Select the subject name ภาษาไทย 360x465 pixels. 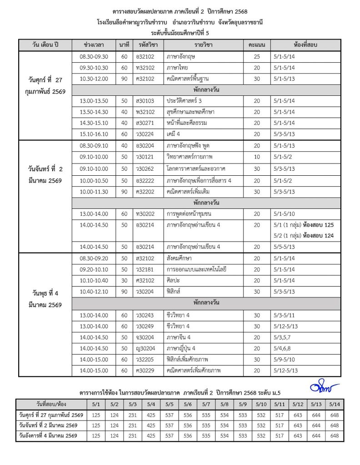click(175, 68)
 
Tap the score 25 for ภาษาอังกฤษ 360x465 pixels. click(257, 57)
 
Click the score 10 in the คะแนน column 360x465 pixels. click(257, 157)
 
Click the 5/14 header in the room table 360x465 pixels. click(335, 404)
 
